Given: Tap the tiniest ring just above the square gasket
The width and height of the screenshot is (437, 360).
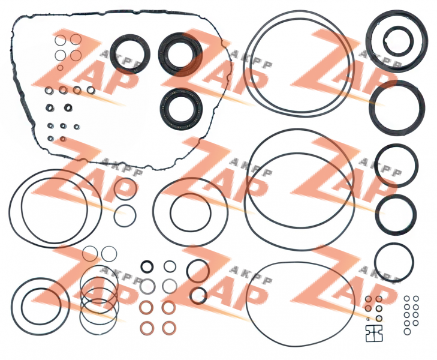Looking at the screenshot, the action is [368, 319].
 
